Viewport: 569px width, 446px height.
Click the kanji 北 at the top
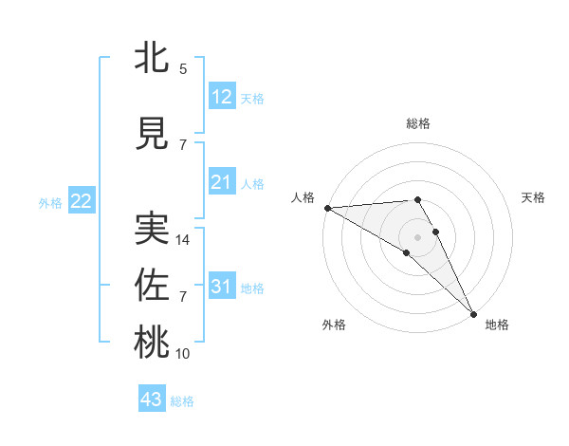tap(152, 59)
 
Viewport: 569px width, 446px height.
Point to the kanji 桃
tap(152, 344)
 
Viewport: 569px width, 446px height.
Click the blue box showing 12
tap(221, 96)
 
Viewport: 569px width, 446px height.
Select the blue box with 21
tap(221, 181)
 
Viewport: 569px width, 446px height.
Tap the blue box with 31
tap(221, 286)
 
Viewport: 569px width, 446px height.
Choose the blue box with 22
tap(81, 200)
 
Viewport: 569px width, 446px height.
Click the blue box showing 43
tap(152, 400)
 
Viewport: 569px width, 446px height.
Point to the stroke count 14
tap(184, 240)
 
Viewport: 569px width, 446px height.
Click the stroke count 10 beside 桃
tap(183, 354)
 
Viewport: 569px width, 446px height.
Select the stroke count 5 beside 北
tap(183, 69)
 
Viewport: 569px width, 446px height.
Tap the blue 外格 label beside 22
tap(50, 202)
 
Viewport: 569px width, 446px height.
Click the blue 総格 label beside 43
tap(182, 401)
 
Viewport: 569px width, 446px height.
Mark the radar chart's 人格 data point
tap(327, 208)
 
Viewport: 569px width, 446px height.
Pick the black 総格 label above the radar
tap(418, 123)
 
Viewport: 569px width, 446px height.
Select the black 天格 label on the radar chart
tap(533, 197)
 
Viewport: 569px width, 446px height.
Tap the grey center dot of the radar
tap(417, 235)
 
